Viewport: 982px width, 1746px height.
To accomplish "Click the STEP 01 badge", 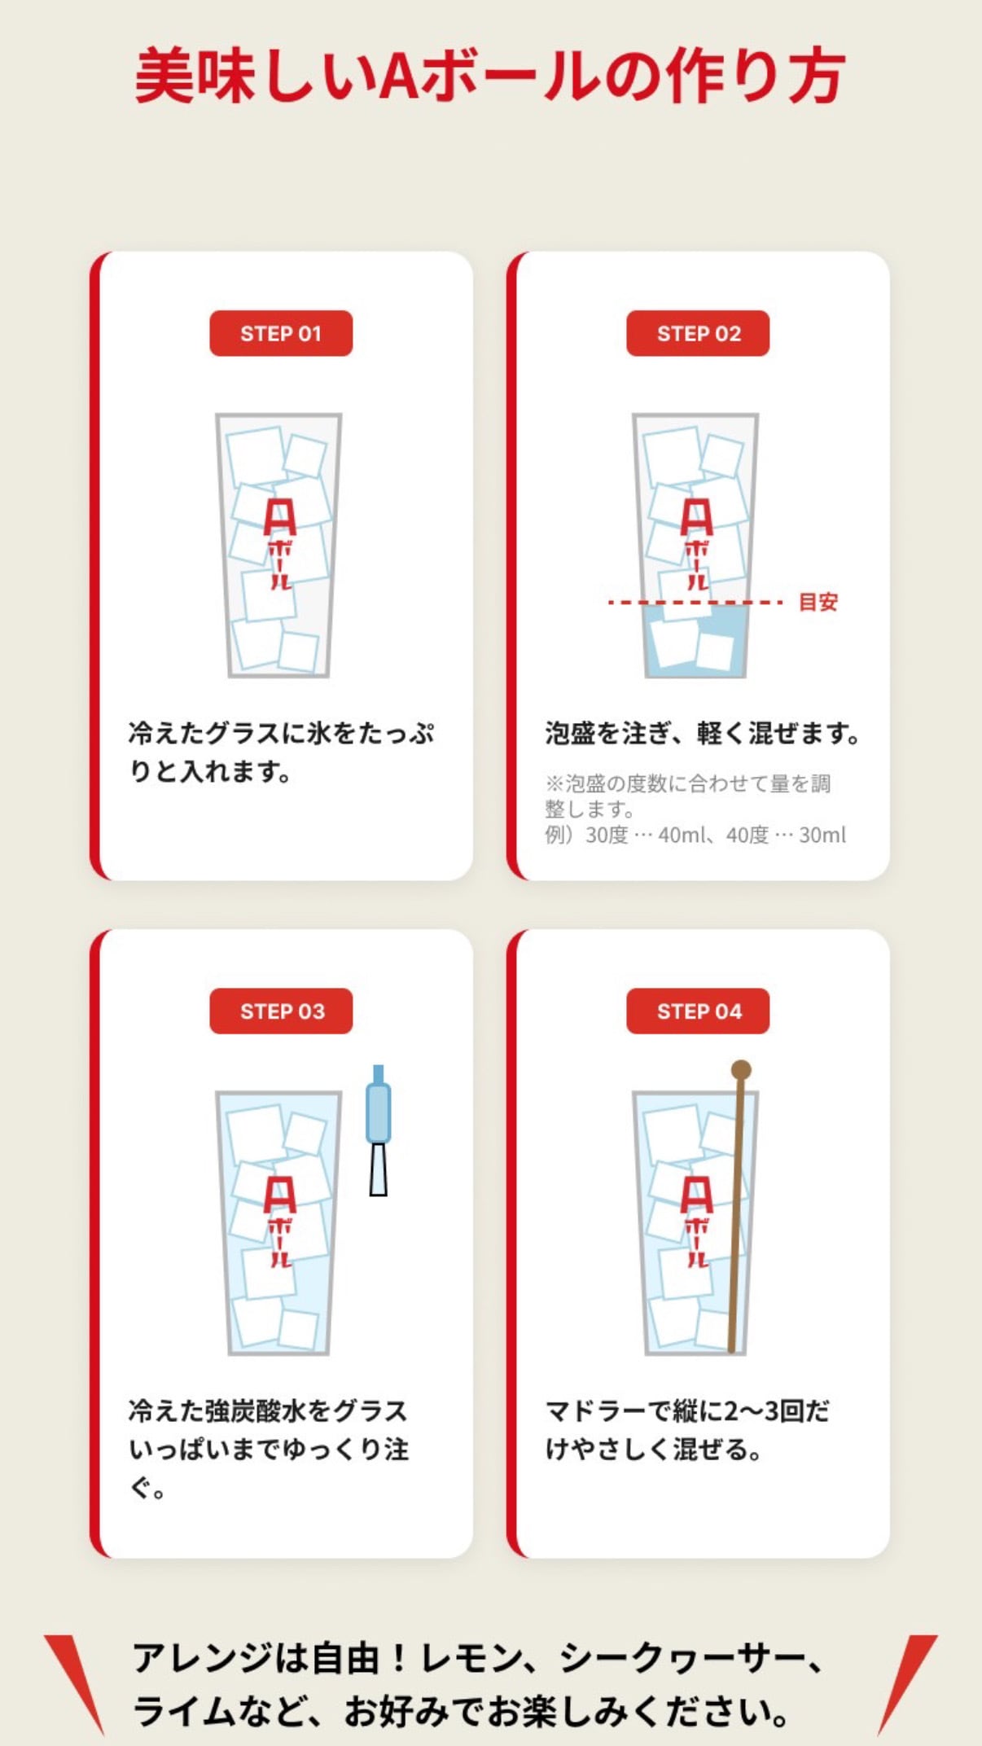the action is (x=281, y=333).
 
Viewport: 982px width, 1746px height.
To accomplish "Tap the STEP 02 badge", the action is (x=698, y=333).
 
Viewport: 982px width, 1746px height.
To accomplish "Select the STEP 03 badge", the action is (x=281, y=1011).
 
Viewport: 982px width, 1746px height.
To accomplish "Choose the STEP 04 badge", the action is (x=698, y=1011).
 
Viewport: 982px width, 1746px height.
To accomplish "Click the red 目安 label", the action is (x=818, y=602).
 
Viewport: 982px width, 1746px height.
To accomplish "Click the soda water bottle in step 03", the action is (x=378, y=1130).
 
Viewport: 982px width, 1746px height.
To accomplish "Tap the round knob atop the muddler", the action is (x=741, y=1069).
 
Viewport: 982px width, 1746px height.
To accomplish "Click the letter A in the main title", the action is (x=399, y=75).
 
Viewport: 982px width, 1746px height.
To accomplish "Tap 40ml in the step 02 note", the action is (x=677, y=835).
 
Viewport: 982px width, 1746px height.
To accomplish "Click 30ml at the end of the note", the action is (x=822, y=835).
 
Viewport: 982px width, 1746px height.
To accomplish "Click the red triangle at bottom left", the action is (x=75, y=1680).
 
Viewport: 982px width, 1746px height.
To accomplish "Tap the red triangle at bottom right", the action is (x=906, y=1680).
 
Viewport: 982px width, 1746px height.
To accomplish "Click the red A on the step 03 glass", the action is (x=279, y=1195).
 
